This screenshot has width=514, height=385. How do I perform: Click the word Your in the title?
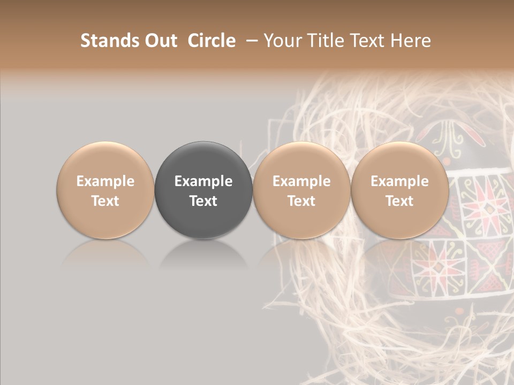pos(283,41)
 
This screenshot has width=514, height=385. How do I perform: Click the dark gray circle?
pos(203,160)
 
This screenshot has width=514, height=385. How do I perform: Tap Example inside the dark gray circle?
pos(203,181)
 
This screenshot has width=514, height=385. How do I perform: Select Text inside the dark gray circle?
pos(203,201)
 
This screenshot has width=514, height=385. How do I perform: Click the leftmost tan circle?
pos(105,160)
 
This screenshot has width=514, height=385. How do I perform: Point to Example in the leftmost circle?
pos(105,181)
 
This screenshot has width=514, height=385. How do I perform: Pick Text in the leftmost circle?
pos(105,201)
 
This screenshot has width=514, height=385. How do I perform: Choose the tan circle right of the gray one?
pos(301,160)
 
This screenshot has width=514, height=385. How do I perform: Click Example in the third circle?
pos(301,181)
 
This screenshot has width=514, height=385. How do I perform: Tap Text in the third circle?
pos(301,201)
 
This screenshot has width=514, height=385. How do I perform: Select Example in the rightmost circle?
pos(399,181)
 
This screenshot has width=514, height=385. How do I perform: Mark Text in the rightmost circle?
pos(399,201)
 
